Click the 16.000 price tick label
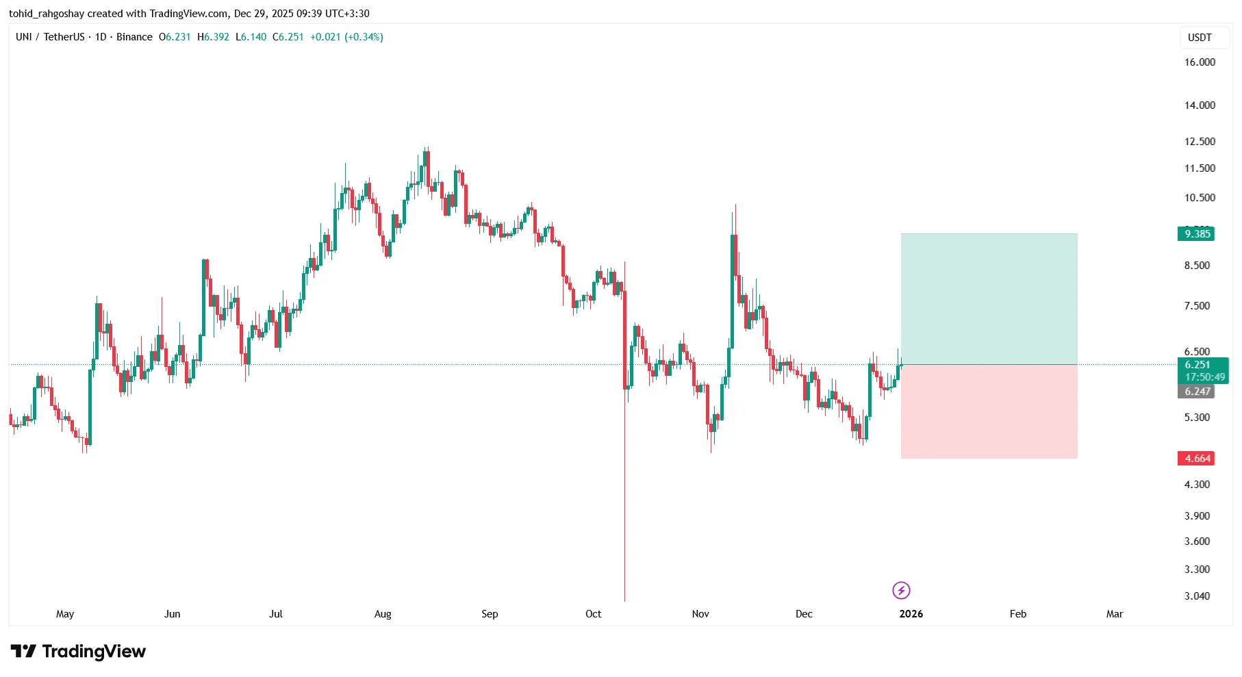click(1200, 62)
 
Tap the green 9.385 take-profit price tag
click(1197, 234)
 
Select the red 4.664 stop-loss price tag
click(1197, 459)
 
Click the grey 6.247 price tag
click(1197, 392)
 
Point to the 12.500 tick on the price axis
click(1200, 142)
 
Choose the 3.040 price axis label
click(1197, 596)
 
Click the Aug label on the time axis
click(383, 614)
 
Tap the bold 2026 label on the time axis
click(911, 614)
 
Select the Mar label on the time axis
click(1114, 614)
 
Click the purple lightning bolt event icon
click(901, 590)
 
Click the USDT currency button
click(1200, 38)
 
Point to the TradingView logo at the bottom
click(78, 652)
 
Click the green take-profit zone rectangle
click(989, 299)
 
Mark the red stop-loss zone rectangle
click(989, 411)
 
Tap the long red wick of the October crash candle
click(625, 493)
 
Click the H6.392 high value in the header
click(213, 37)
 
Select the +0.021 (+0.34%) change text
click(346, 37)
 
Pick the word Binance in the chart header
click(134, 37)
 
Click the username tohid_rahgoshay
click(47, 14)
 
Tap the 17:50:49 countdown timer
click(1204, 377)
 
